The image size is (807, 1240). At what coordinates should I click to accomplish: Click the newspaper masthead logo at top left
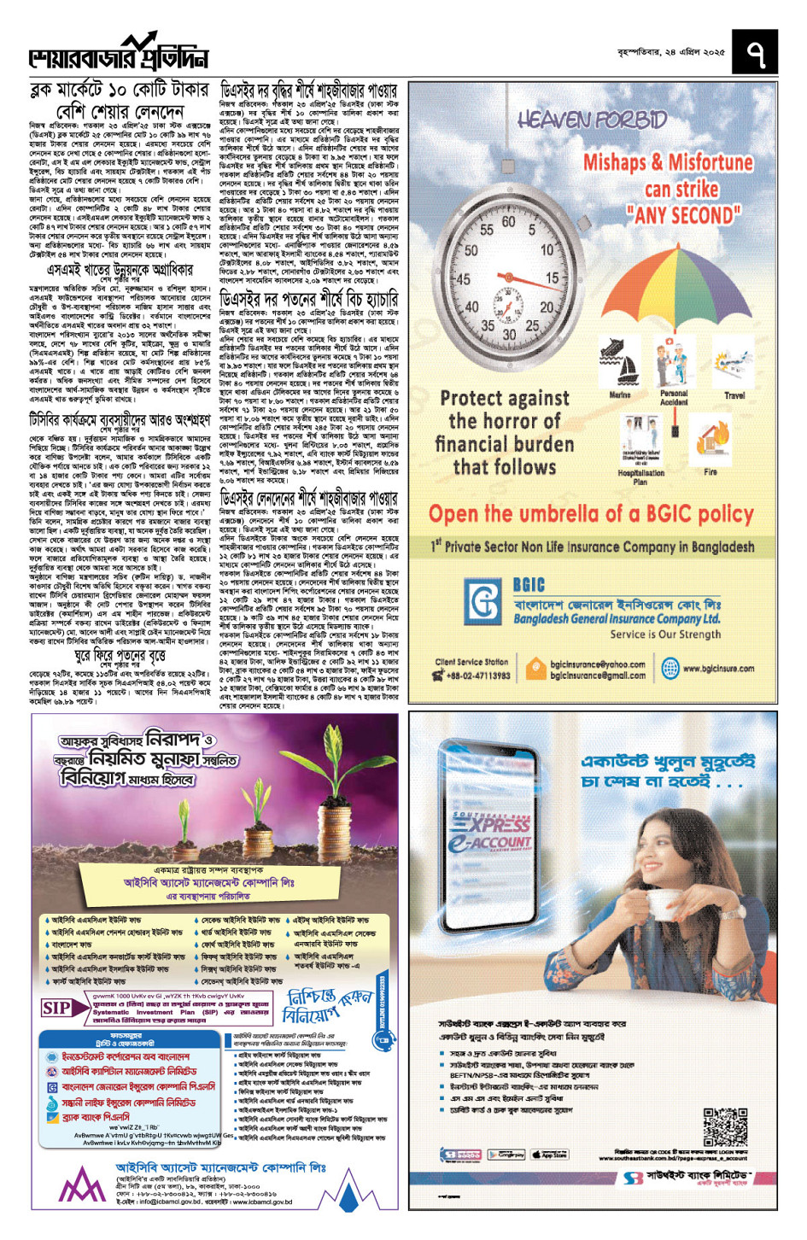click(x=119, y=53)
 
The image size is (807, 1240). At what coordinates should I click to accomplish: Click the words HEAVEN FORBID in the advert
click(x=591, y=119)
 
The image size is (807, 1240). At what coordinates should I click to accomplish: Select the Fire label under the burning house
click(x=711, y=471)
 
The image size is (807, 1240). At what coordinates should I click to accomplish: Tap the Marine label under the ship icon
click(x=620, y=395)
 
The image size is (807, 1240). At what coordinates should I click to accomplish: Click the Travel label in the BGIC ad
click(x=734, y=395)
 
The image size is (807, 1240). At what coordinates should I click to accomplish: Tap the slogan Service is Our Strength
click(x=665, y=635)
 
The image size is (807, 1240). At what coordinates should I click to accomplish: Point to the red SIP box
click(x=56, y=1008)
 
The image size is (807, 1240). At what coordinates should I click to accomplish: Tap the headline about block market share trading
click(x=120, y=100)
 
